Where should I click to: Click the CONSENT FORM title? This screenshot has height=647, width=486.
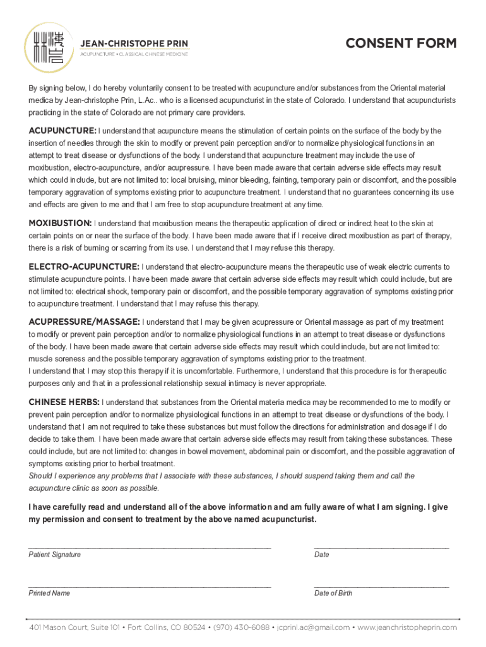point(401,44)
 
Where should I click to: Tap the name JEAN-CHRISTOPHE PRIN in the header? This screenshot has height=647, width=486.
point(133,44)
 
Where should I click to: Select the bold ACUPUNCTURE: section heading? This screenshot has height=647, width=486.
point(62,131)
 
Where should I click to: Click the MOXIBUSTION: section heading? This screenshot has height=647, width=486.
point(60,223)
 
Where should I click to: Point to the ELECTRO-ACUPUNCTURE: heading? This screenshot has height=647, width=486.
point(84,267)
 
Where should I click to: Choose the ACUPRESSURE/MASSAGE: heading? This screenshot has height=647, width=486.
point(85,322)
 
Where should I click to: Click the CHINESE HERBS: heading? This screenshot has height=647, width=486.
point(64,402)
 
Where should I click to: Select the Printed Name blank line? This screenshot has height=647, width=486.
point(150,586)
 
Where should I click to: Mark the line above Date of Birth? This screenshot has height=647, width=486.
point(381,586)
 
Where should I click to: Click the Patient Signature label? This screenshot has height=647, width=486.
point(54,555)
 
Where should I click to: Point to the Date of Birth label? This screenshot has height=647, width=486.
point(333,593)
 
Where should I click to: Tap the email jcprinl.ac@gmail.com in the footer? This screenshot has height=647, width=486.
point(313,627)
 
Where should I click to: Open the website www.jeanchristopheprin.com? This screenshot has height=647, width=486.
point(407,627)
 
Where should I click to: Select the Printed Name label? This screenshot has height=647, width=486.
point(49,593)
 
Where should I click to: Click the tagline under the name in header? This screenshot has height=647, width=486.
point(133,55)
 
